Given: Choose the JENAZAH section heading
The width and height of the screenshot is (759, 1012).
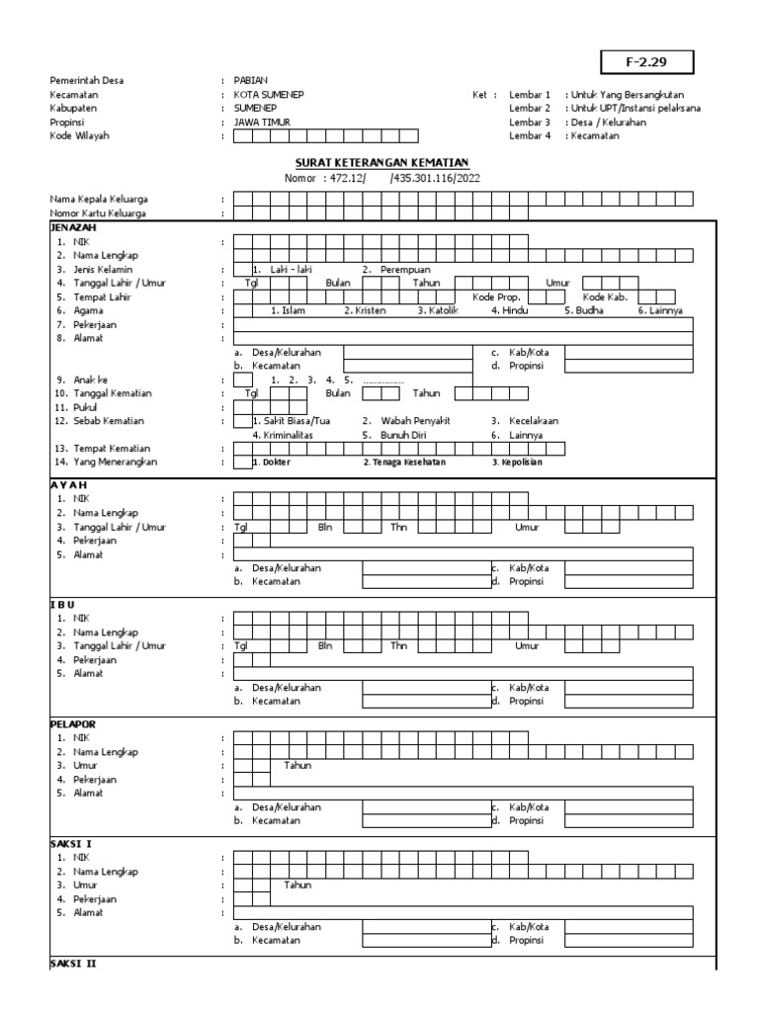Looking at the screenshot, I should [x=70, y=226].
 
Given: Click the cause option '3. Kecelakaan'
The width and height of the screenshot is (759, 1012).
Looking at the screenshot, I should [x=525, y=420].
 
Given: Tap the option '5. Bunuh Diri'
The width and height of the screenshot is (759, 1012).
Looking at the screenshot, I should [x=390, y=434].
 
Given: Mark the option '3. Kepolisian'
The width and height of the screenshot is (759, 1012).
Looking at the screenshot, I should [x=518, y=462].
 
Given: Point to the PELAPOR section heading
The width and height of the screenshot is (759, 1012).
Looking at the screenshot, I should [x=70, y=723].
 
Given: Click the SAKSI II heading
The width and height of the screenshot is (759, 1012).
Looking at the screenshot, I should [x=72, y=963].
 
